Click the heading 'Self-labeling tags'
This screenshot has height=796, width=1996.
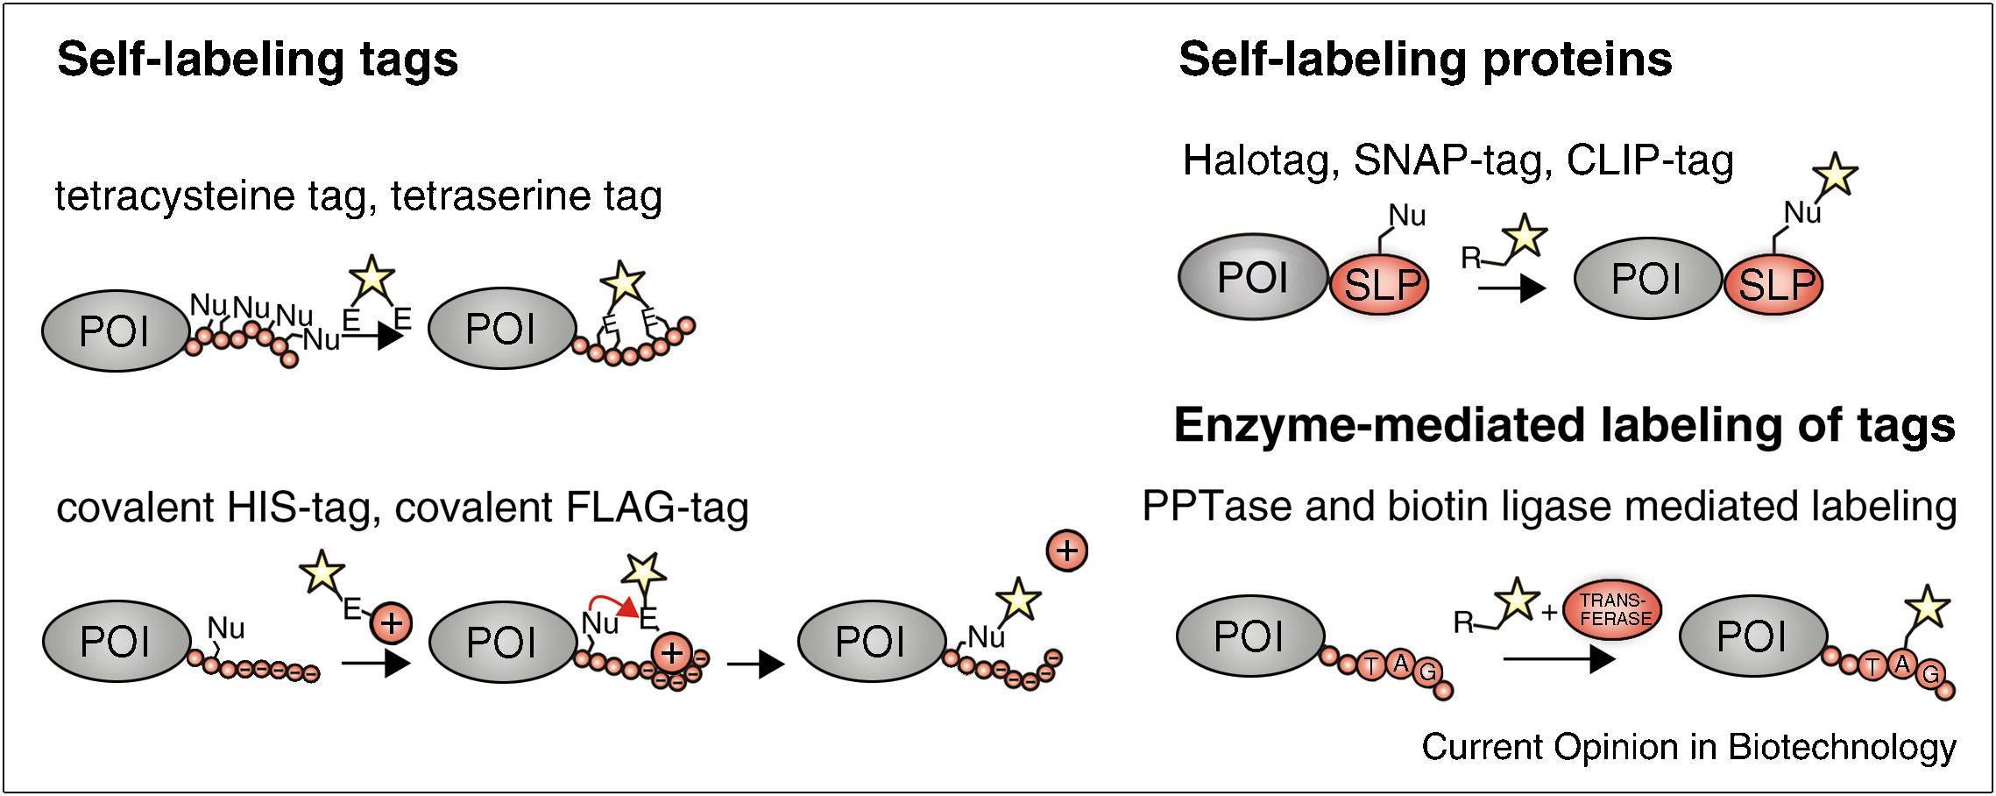(x=258, y=60)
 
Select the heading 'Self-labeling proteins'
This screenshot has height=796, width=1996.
(x=1425, y=60)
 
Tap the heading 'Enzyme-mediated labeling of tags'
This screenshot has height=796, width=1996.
(x=1564, y=426)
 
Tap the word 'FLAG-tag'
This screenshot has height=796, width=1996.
(x=658, y=508)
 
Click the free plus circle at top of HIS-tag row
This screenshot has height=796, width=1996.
(x=1066, y=551)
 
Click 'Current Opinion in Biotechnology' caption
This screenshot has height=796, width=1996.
(x=1688, y=748)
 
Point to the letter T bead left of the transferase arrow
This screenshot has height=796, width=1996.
(x=1370, y=666)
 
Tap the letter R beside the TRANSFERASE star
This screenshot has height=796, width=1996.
(x=1463, y=622)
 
